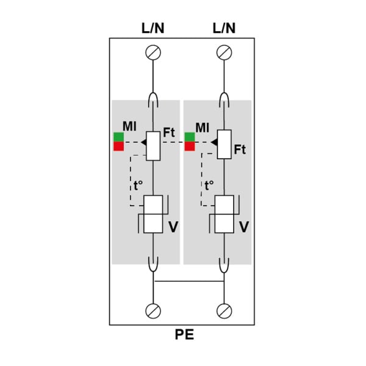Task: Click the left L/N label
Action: click(153, 28)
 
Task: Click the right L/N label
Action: click(224, 28)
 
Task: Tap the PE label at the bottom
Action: click(184, 334)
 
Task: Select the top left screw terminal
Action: click(153, 52)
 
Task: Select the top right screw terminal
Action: click(224, 52)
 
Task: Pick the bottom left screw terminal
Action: click(153, 311)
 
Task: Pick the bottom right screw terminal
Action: click(224, 311)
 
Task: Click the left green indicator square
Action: click(118, 137)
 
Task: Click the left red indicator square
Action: click(118, 146)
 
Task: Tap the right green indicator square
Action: click(190, 137)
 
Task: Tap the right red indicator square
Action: click(190, 146)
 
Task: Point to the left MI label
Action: click(129, 126)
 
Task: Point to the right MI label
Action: click(203, 127)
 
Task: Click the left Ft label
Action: click(169, 132)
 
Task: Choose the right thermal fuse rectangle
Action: click(224, 145)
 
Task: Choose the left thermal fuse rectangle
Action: click(153, 146)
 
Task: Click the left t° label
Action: click(138, 185)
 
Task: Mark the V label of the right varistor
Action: click(244, 227)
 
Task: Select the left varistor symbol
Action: click(153, 214)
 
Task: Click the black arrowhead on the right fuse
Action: click(214, 142)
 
